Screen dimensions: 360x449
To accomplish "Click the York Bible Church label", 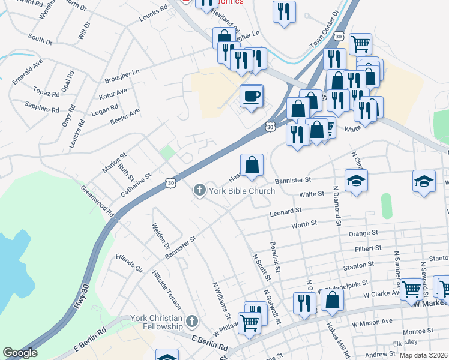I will [241, 191].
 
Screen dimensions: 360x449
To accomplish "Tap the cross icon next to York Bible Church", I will [199, 191].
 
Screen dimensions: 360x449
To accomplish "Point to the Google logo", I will [20, 353].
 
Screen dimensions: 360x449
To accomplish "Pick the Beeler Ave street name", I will [125, 116].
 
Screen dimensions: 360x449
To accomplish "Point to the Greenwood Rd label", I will [98, 200].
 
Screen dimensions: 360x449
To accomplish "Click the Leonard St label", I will [285, 212].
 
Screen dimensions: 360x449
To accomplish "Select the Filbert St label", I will [368, 247].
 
